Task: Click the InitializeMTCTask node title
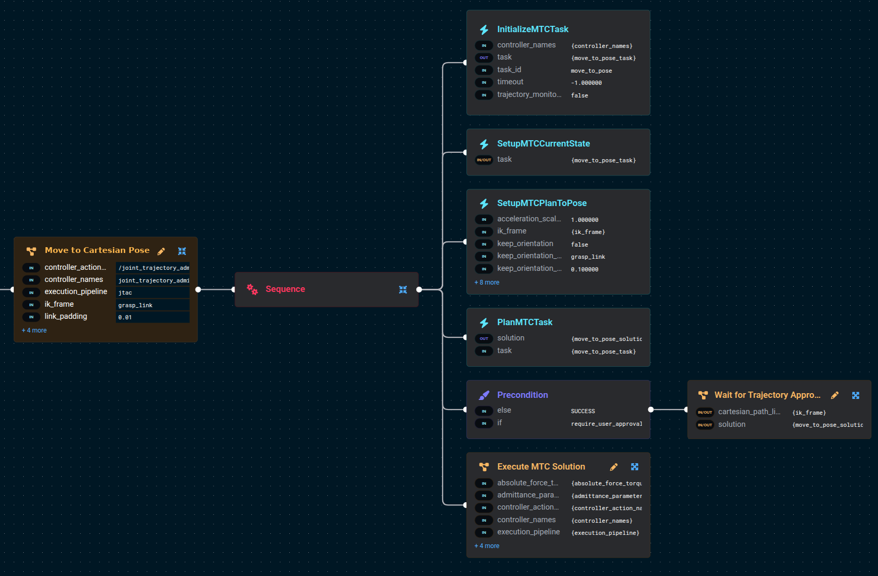(533, 30)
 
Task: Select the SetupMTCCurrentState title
(543, 144)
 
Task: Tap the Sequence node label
(285, 289)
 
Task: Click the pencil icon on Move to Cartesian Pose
(161, 251)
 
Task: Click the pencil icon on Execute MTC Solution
(614, 467)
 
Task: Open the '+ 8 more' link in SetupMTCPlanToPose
(487, 282)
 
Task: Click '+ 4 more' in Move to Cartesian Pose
(34, 330)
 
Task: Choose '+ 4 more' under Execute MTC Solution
(487, 546)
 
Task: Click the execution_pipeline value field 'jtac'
(152, 292)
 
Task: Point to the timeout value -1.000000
(587, 83)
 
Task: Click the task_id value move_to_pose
(591, 71)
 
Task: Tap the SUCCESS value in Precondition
(583, 411)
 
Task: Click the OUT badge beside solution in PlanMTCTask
(484, 338)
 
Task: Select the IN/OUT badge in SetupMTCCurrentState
(484, 160)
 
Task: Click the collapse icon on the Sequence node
(403, 289)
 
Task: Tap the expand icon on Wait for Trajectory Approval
(856, 395)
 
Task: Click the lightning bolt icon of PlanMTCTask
(484, 323)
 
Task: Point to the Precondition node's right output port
(651, 409)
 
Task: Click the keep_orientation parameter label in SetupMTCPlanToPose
(525, 243)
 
